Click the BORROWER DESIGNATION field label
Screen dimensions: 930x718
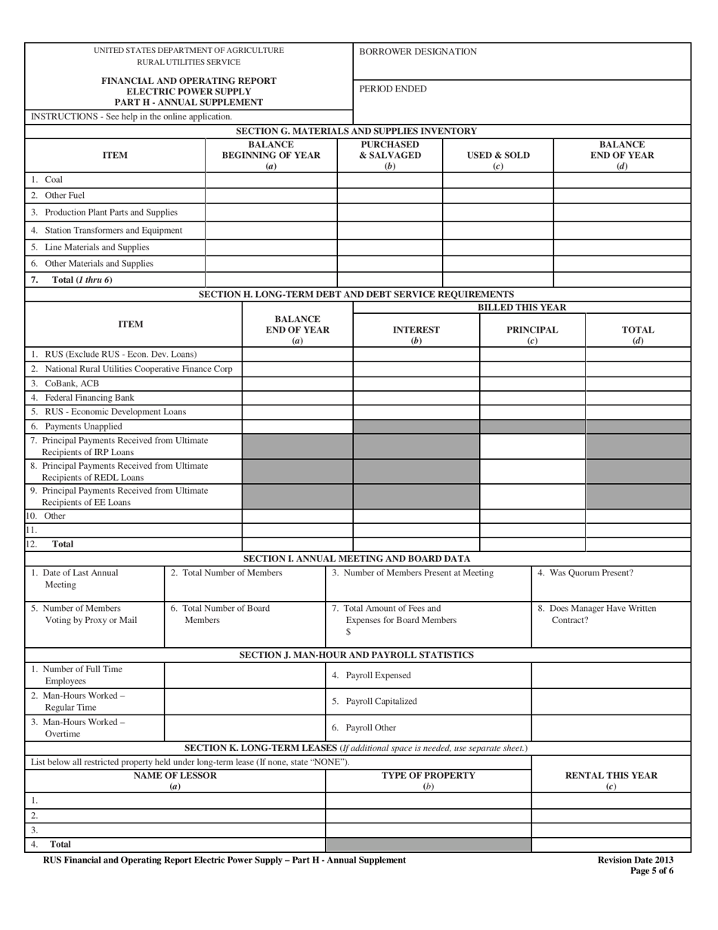tap(418, 52)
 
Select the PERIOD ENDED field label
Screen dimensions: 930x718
tap(392, 89)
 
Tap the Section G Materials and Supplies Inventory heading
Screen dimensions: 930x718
tap(357, 131)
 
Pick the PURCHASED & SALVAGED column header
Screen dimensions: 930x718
tap(389, 155)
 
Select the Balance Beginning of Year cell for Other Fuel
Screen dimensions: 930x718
tap(271, 196)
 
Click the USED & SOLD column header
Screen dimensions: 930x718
tap(497, 156)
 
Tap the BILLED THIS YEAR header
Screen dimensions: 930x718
tap(521, 307)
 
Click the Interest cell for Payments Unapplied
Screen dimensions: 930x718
tap(416, 426)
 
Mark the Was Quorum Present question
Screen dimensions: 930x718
tap(585, 573)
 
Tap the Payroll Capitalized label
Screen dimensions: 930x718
tap(374, 701)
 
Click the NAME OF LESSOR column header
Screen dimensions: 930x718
tap(175, 780)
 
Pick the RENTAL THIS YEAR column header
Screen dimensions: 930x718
tap(611, 780)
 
